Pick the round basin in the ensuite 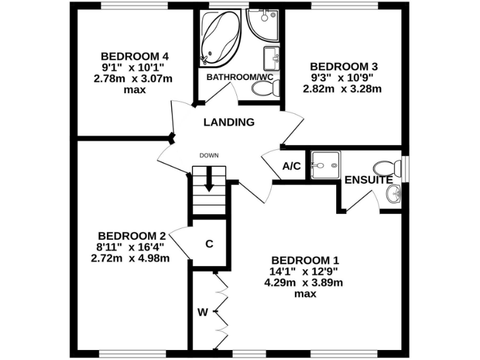(x=394, y=195)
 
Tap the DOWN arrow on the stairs (x=209, y=179)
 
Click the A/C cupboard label (x=292, y=166)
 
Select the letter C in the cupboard (x=209, y=244)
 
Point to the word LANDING (x=229, y=122)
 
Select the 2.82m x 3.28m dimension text (x=342, y=89)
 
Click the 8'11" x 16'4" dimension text (x=131, y=247)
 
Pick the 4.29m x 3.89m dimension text (x=303, y=282)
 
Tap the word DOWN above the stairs (x=209, y=156)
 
